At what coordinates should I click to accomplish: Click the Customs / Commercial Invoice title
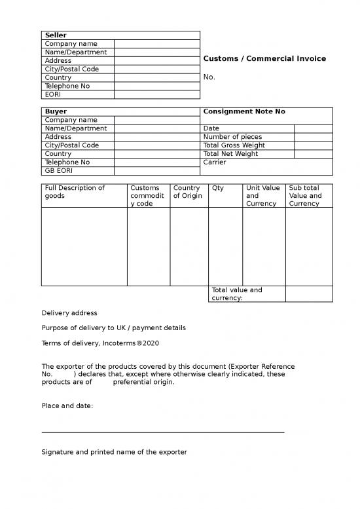click(264, 59)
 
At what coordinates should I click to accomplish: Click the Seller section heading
click(56, 35)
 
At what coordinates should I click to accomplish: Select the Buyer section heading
click(56, 111)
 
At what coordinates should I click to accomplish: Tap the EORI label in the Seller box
click(54, 94)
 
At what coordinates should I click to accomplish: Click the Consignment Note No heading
click(244, 111)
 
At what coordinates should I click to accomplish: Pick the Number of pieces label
click(232, 137)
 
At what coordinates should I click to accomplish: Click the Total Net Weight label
click(231, 154)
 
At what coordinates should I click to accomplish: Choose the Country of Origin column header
click(188, 192)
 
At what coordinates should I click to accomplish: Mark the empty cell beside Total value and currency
click(309, 293)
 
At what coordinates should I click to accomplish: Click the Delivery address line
click(69, 313)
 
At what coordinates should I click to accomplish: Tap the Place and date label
click(67, 405)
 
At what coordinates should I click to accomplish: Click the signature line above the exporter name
click(163, 432)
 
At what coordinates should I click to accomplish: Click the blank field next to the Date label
click(314, 128)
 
